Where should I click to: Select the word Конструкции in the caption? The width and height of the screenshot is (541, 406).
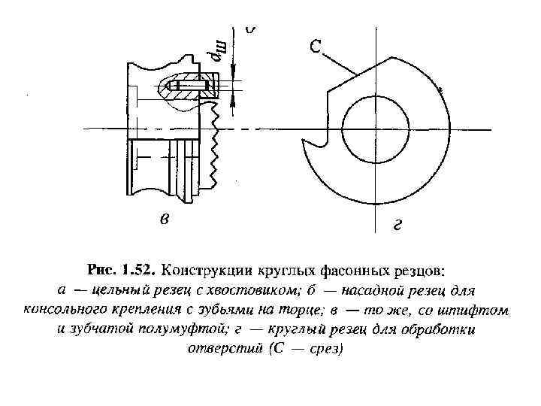(204, 269)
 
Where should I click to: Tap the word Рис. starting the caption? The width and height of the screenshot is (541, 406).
(100, 269)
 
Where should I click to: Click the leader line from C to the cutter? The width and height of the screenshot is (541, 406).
(339, 61)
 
